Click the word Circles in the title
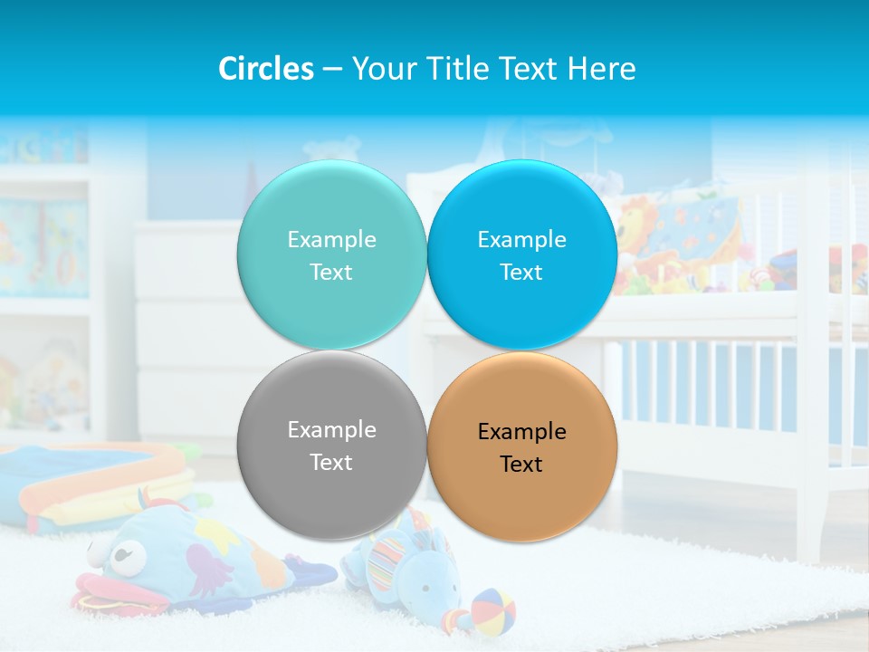point(266,69)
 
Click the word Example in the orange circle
point(522,432)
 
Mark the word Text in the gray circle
point(331,463)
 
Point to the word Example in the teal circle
point(331,240)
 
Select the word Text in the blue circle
point(522,273)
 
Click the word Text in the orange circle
point(522,465)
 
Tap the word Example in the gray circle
point(331,430)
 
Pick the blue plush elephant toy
point(412,570)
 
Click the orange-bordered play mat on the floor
point(91,484)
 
